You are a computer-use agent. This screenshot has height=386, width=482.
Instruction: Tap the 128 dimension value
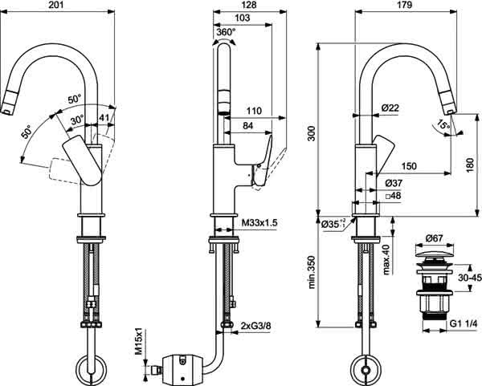pyautogui.click(x=249, y=5)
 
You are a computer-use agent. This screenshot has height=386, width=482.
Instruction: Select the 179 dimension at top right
pyautogui.click(x=405, y=5)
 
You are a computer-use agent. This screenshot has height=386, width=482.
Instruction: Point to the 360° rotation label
pyautogui.click(x=226, y=31)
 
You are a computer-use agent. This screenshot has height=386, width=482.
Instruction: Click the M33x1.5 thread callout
pyautogui.click(x=259, y=223)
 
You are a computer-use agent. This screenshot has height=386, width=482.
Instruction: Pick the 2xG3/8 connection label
pyautogui.click(x=255, y=326)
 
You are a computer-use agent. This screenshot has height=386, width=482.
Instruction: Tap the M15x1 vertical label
pyautogui.click(x=139, y=342)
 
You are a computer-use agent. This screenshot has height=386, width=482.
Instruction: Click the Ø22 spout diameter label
pyautogui.click(x=390, y=108)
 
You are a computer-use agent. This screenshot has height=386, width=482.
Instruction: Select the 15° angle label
pyautogui.click(x=443, y=125)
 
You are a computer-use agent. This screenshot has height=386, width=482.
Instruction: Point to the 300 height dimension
pyautogui.click(x=312, y=133)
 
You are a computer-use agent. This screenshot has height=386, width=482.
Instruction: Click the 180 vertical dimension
pyautogui.click(x=469, y=165)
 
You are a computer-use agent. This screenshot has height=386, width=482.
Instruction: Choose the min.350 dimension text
pyautogui.click(x=312, y=272)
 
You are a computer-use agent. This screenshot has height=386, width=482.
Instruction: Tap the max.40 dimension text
pyautogui.click(x=386, y=259)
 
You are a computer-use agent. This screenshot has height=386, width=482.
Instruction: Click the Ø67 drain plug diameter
pyautogui.click(x=434, y=238)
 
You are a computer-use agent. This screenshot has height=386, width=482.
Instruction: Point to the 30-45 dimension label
pyautogui.click(x=469, y=278)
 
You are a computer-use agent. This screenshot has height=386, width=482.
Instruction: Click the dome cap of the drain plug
pyautogui.click(x=435, y=254)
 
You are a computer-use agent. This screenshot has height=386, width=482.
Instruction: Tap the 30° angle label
pyautogui.click(x=77, y=120)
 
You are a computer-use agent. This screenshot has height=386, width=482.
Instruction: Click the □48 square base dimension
pyautogui.click(x=393, y=196)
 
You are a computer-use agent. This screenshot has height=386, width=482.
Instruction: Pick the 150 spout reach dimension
pyautogui.click(x=409, y=166)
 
